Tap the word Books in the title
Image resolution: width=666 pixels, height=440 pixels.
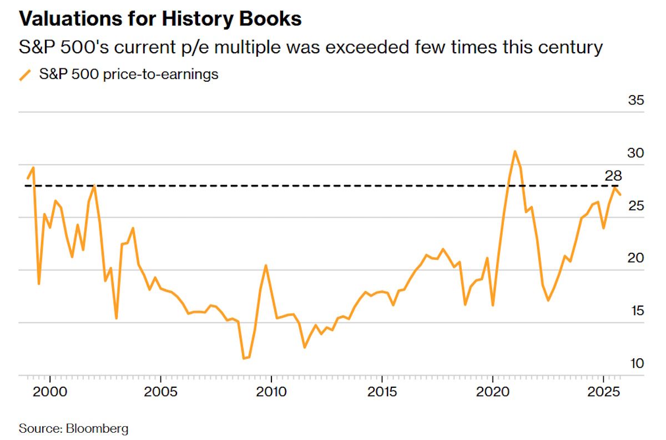(x=274, y=19)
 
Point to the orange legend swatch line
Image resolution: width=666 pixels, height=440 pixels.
(x=26, y=74)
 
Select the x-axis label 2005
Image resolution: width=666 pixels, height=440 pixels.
(x=160, y=391)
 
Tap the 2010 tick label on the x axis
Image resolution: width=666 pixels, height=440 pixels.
(x=271, y=391)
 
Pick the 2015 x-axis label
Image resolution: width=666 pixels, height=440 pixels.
(x=382, y=391)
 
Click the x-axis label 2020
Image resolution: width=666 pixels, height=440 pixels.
(x=493, y=391)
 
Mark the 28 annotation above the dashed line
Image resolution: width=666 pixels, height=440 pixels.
(x=613, y=176)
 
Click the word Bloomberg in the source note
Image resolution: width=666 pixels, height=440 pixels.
(x=97, y=428)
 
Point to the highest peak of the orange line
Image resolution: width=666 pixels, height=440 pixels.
(x=515, y=151)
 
